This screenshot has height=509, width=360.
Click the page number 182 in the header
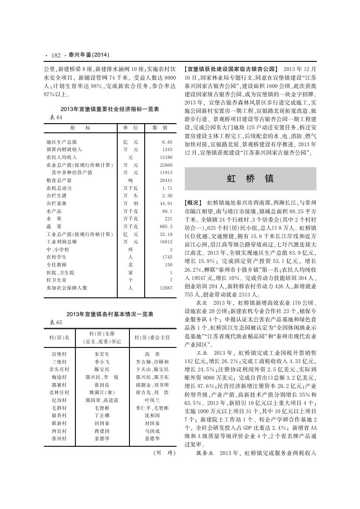coord(55,55)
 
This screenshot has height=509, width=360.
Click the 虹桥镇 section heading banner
coord(250,179)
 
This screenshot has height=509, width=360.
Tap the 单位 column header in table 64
coord(130,128)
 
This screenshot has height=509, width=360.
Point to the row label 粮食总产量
coord(59,180)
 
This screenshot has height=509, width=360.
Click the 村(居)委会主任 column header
coord(152,337)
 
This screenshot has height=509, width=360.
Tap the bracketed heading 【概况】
coord(194,203)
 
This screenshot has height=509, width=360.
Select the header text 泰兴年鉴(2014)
coord(88,55)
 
